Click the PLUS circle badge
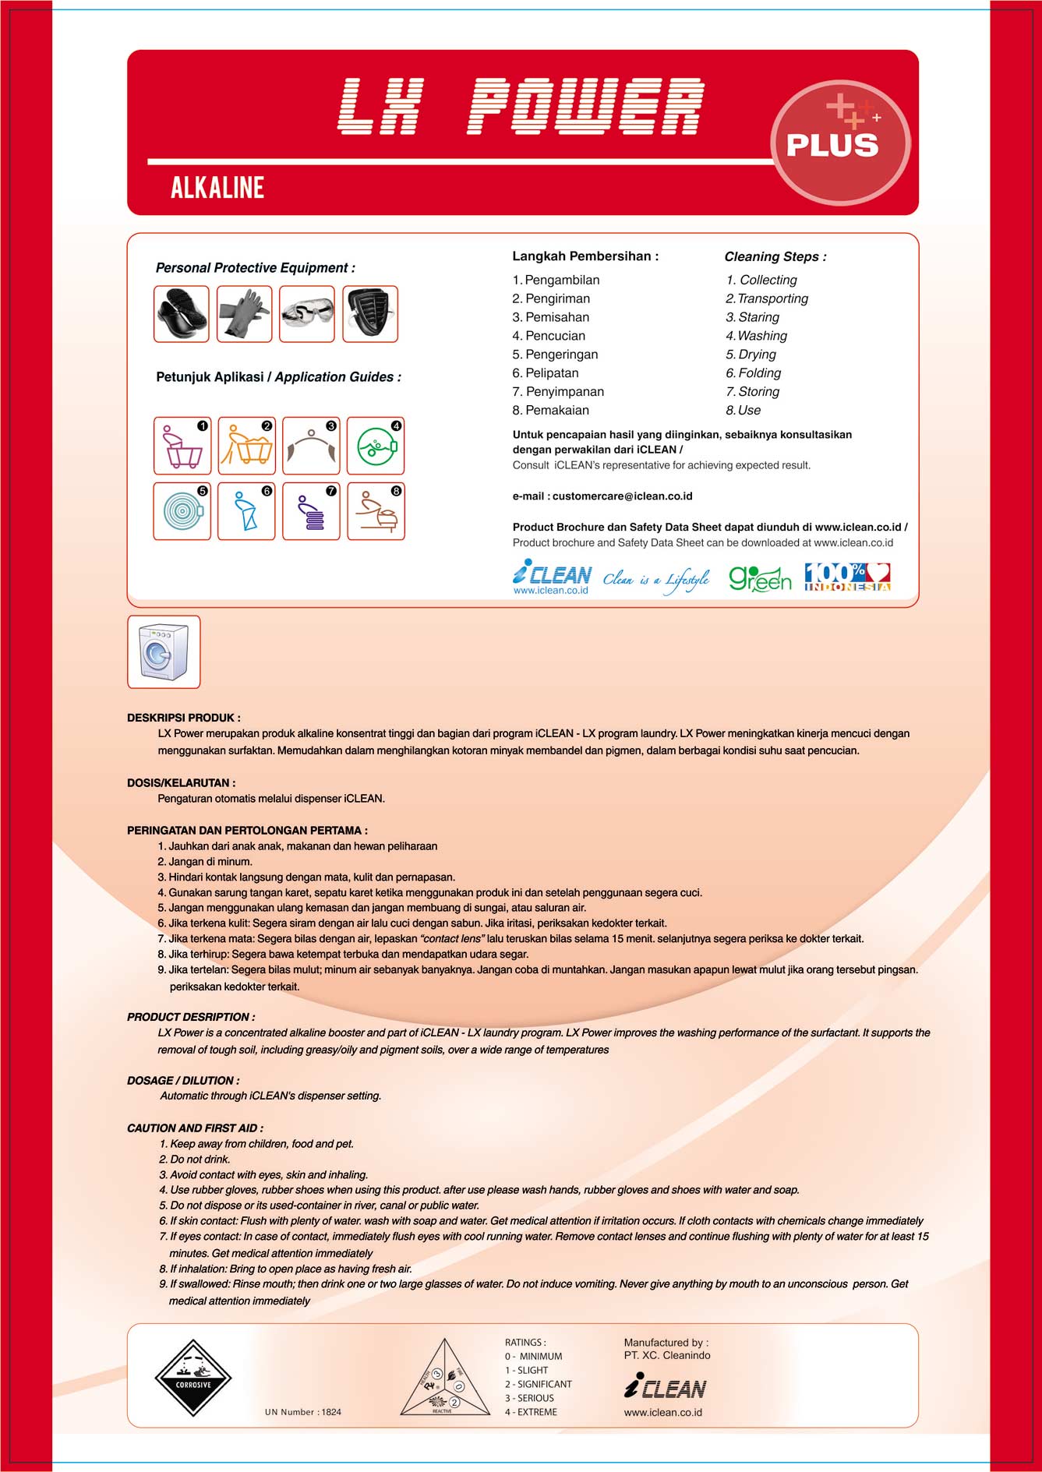click(x=839, y=142)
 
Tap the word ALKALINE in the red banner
click(x=217, y=188)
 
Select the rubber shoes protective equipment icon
click(x=182, y=314)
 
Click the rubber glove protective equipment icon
click(x=244, y=314)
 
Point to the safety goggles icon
click(x=307, y=314)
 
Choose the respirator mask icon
click(x=370, y=314)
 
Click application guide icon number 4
click(x=375, y=446)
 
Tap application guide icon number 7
click(x=311, y=511)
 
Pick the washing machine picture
click(x=164, y=652)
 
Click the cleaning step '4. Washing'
click(x=756, y=336)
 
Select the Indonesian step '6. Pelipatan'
click(x=546, y=373)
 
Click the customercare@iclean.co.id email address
click(x=622, y=496)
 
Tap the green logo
click(x=760, y=579)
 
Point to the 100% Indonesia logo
click(x=847, y=577)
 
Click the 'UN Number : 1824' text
click(x=303, y=1412)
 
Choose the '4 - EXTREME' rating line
click(x=531, y=1412)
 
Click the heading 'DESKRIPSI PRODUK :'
click(x=184, y=718)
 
